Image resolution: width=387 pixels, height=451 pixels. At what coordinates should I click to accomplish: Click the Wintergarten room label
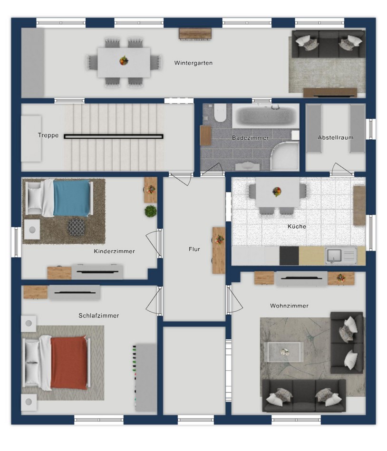[x=193, y=63]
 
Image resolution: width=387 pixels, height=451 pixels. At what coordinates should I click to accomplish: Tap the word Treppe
[x=48, y=135]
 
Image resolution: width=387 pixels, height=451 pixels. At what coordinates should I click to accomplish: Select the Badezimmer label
[x=251, y=138]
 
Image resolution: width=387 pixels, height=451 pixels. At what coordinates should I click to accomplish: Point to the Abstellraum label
[x=336, y=137]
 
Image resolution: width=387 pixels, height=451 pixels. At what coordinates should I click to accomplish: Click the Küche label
[x=297, y=226]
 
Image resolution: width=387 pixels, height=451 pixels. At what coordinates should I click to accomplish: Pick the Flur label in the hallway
[x=194, y=249]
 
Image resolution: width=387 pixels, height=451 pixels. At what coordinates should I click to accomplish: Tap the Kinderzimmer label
[x=114, y=251]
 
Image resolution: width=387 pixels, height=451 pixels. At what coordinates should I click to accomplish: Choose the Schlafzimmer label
[x=99, y=316]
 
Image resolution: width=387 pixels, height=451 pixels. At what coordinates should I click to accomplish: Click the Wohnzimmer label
[x=289, y=306]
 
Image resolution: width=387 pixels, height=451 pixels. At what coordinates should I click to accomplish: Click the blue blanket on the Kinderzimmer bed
[x=71, y=198]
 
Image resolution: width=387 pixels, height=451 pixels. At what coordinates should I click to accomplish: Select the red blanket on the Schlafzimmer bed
[x=69, y=363]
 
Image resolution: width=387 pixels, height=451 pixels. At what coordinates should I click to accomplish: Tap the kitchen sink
[x=334, y=255]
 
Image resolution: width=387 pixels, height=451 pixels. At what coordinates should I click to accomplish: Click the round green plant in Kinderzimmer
[x=151, y=211]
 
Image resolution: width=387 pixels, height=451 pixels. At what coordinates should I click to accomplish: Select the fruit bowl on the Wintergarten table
[x=124, y=61]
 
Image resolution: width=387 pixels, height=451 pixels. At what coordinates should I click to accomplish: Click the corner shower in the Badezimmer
[x=285, y=155]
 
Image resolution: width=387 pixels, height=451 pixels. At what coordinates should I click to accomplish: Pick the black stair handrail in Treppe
[x=114, y=136]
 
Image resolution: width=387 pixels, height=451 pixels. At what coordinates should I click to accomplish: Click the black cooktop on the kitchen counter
[x=289, y=256]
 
